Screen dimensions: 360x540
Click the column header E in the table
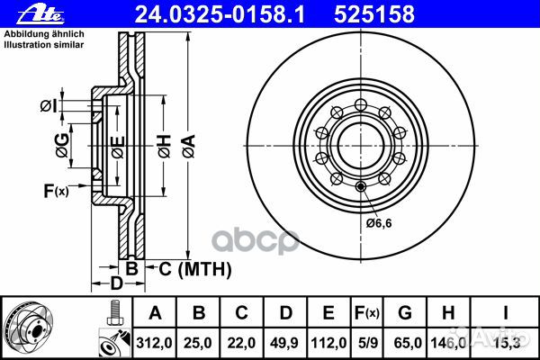coord(328,312)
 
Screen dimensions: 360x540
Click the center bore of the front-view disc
coord(359,144)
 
